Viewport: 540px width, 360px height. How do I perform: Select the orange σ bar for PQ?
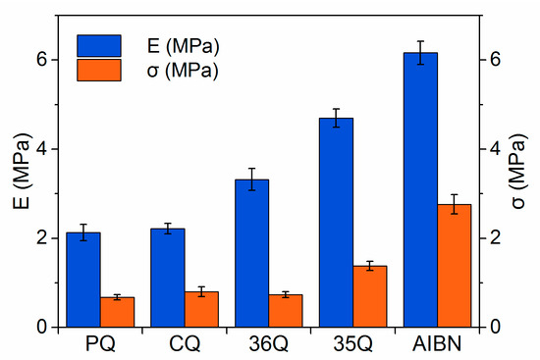[x=117, y=312]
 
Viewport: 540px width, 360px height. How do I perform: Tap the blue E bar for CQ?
[x=167, y=278]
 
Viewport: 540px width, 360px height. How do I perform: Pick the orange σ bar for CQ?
[x=201, y=309]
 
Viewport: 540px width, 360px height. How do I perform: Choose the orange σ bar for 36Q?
[x=286, y=311]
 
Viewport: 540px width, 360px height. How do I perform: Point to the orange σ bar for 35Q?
[x=370, y=296]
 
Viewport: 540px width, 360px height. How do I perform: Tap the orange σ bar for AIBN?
[x=455, y=266]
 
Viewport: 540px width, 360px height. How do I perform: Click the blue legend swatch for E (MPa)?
[x=98, y=45]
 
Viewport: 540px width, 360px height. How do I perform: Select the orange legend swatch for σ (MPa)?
[x=98, y=70]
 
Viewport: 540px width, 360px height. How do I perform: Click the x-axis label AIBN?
[x=437, y=345]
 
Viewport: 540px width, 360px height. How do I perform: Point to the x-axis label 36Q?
[x=268, y=345]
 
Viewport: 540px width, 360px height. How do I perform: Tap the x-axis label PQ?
[x=100, y=345]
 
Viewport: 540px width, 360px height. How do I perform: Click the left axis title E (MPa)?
[x=17, y=192]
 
